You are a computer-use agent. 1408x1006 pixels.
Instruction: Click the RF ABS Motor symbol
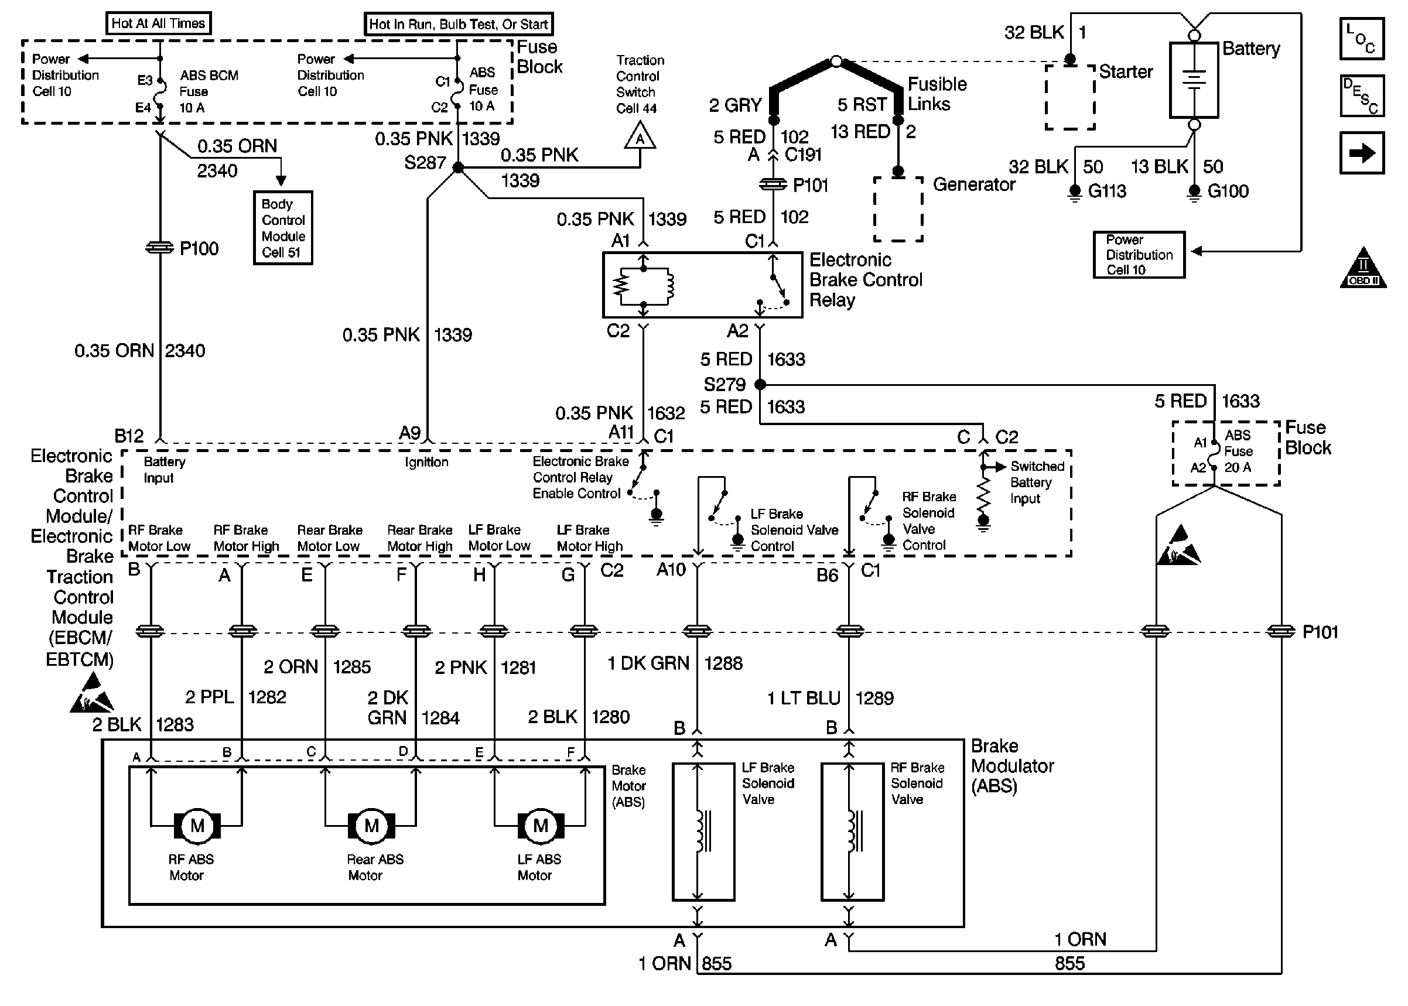pyautogui.click(x=197, y=825)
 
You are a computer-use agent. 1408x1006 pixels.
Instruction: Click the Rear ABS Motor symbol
pyautogui.click(x=371, y=825)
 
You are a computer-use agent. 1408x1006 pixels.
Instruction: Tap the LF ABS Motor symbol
pyautogui.click(x=540, y=825)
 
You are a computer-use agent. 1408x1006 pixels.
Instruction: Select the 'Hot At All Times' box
pyautogui.click(x=158, y=23)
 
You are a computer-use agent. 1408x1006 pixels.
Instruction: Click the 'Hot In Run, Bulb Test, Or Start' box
pyautogui.click(x=459, y=24)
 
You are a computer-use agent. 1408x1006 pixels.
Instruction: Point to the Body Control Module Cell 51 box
pyautogui.click(x=283, y=228)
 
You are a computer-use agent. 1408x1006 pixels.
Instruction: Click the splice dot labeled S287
pyautogui.click(x=458, y=167)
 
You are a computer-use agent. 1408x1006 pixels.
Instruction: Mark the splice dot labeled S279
pyautogui.click(x=760, y=384)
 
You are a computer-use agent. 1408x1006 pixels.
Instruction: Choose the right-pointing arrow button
pyautogui.click(x=1362, y=153)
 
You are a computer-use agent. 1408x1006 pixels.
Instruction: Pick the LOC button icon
pyautogui.click(x=1362, y=39)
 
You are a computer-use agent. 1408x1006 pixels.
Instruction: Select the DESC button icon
pyautogui.click(x=1362, y=96)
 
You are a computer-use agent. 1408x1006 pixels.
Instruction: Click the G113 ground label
pyautogui.click(x=1106, y=191)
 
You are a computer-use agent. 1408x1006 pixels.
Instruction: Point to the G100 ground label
pyautogui.click(x=1228, y=191)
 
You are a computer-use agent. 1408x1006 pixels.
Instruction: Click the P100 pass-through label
pyautogui.click(x=199, y=248)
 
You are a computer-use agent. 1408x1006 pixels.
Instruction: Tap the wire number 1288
pyautogui.click(x=723, y=663)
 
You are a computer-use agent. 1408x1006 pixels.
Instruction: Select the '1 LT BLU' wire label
pyautogui.click(x=804, y=698)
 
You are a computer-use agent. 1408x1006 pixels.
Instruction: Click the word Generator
pyautogui.click(x=974, y=184)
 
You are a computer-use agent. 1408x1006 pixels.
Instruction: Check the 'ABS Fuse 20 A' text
pyautogui.click(x=1238, y=451)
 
